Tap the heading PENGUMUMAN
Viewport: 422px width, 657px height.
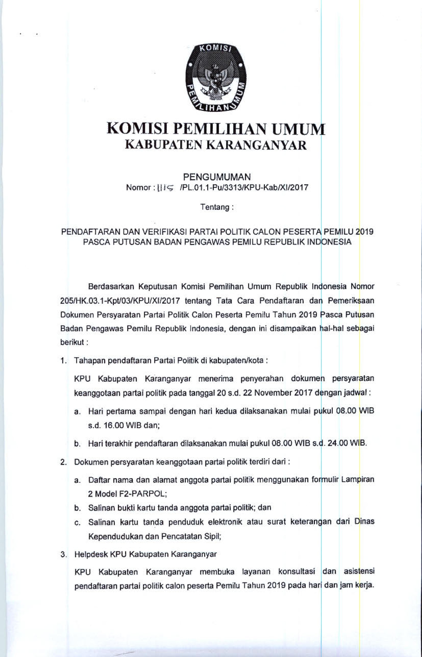[217, 177]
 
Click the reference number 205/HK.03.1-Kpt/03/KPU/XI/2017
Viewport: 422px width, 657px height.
[120, 301]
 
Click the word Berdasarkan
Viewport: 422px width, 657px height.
[111, 287]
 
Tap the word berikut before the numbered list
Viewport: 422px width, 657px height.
[72, 342]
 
